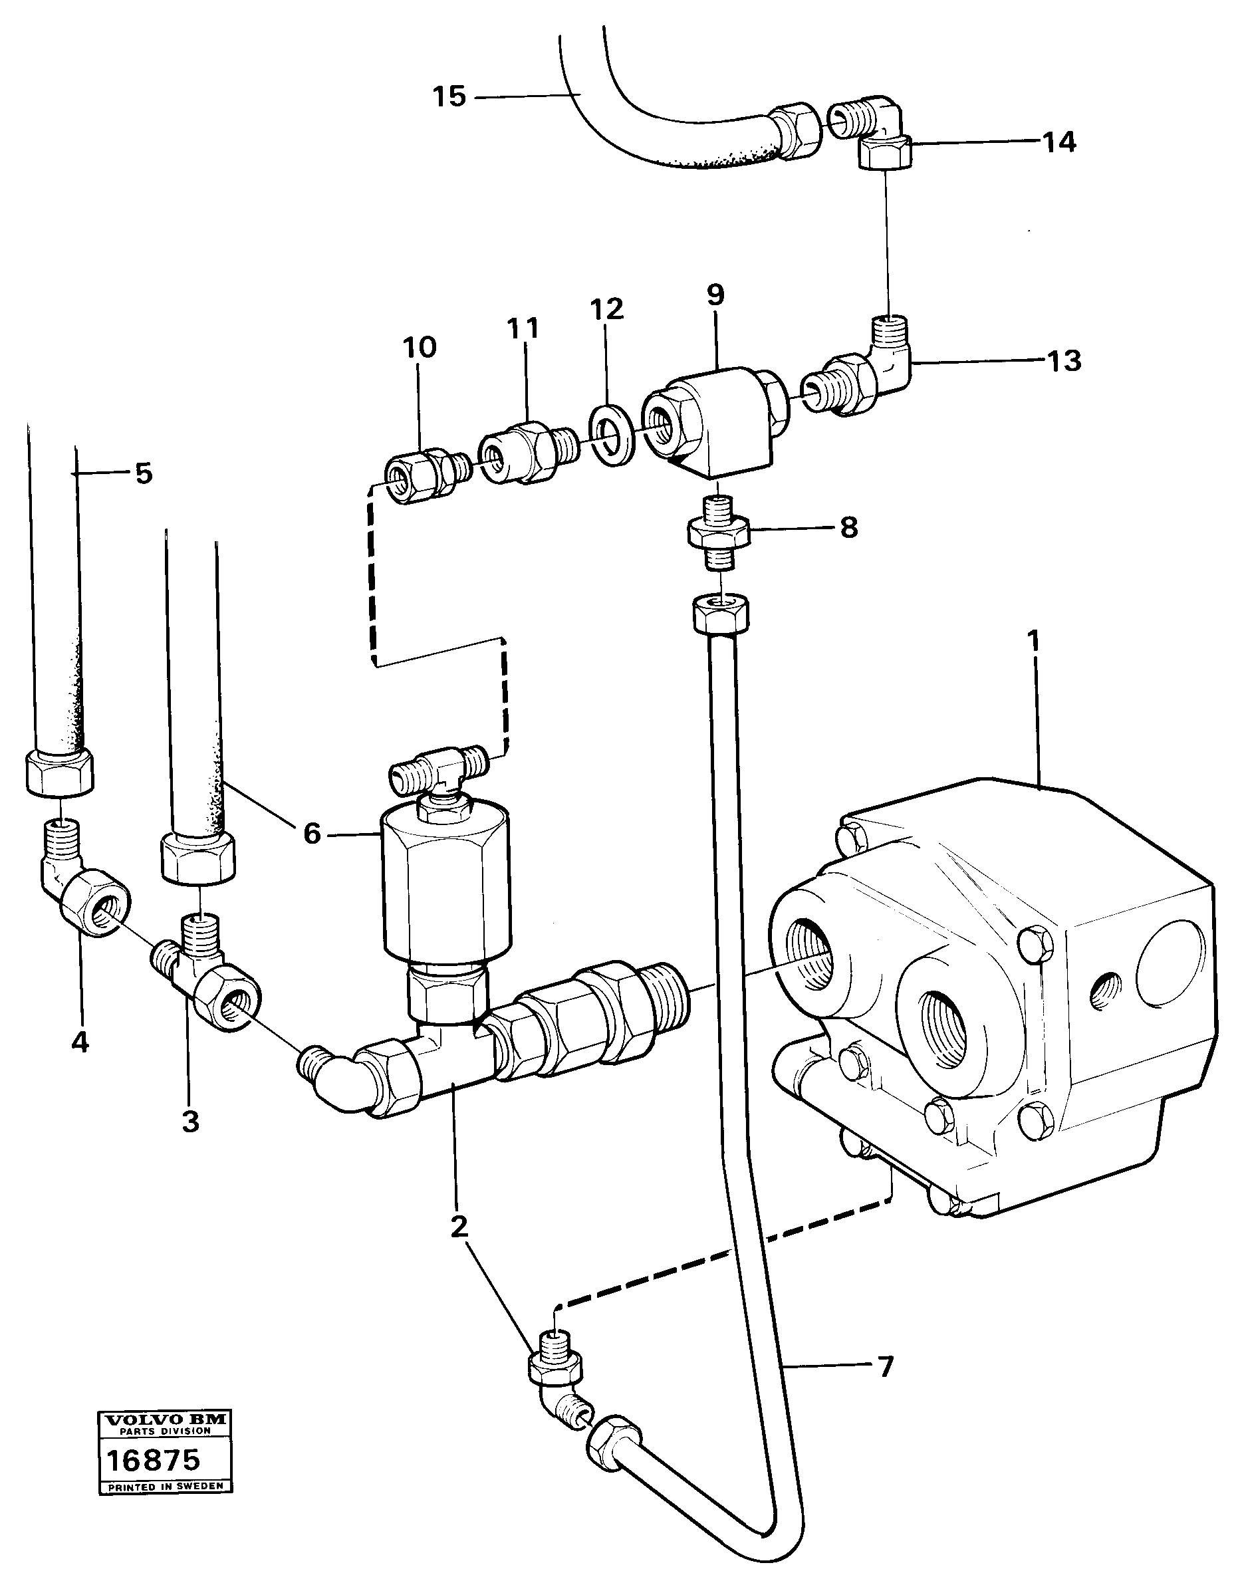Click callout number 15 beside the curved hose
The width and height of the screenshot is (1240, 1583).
[449, 96]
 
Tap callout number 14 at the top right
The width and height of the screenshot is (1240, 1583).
[1059, 142]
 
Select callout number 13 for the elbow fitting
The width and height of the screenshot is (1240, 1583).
[1064, 361]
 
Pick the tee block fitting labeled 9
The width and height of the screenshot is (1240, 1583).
[715, 421]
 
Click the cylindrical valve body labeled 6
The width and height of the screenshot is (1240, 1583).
[445, 882]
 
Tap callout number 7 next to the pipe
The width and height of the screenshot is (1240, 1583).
[885, 1368]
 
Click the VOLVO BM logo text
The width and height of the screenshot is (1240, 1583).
[165, 1419]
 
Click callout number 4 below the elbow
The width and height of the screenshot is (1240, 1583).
[80, 1043]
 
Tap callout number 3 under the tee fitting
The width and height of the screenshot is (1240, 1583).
[190, 1122]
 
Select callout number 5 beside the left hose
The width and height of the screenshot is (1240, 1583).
[144, 473]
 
